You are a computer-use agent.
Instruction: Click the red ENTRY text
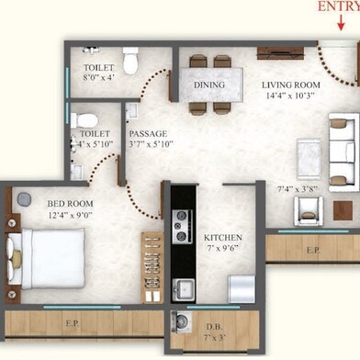[x=338, y=6]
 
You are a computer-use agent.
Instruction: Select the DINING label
[x=209, y=85]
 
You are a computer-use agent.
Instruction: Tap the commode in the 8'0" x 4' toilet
[x=130, y=60]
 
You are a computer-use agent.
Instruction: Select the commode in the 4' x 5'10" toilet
[x=84, y=120]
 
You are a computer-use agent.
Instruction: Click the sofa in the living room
[x=345, y=146]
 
